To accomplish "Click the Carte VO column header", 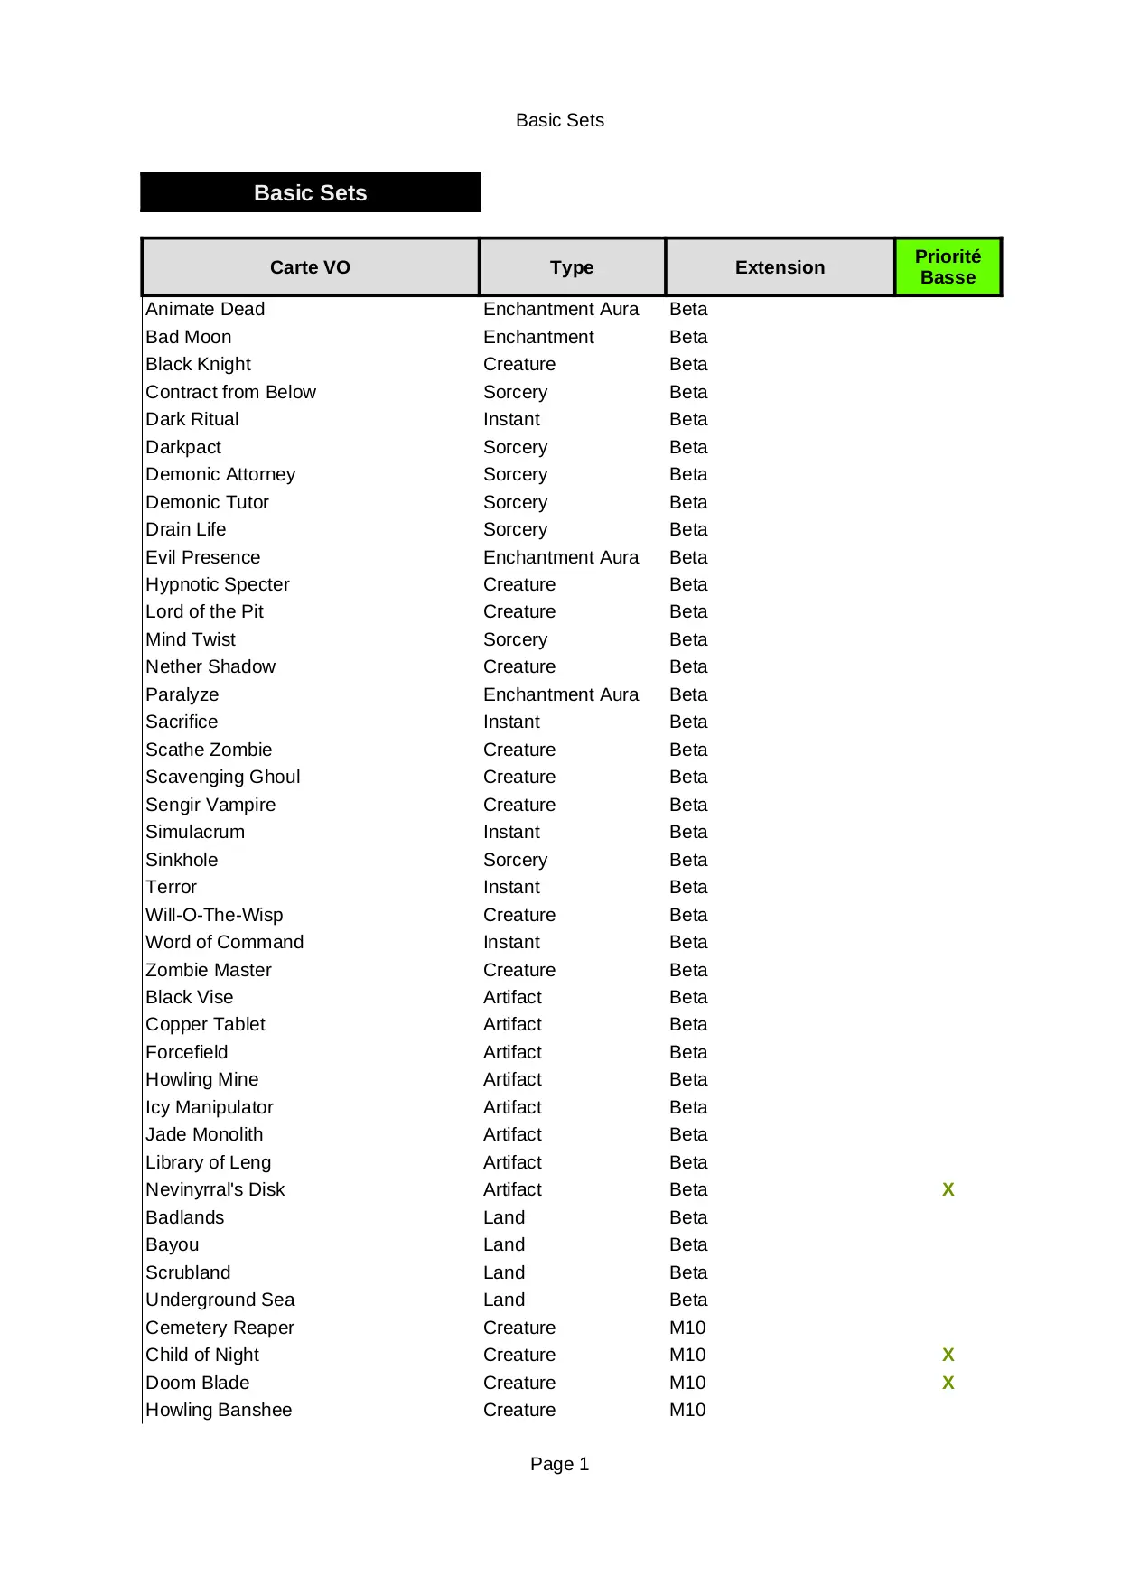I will click(x=310, y=267).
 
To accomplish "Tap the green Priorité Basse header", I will click(x=948, y=267).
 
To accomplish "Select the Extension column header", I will click(x=780, y=267).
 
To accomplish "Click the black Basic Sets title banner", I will click(x=310, y=193).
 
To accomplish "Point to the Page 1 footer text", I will click(x=559, y=1464).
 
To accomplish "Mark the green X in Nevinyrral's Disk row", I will click(x=948, y=1189).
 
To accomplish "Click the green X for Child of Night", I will click(x=948, y=1355).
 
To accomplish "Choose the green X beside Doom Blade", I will click(x=948, y=1383).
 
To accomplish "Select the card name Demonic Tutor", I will click(x=207, y=502).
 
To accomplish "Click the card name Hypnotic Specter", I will click(x=217, y=584).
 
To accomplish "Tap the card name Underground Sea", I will click(x=220, y=1300).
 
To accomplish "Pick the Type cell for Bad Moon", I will click(x=538, y=337).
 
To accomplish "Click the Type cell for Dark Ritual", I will click(x=511, y=419).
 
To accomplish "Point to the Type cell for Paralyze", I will click(x=560, y=694).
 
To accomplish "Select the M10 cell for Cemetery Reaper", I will click(x=687, y=1328).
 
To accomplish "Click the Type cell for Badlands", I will click(x=504, y=1217).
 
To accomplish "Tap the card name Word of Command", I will click(x=224, y=942).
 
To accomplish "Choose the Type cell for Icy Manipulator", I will click(x=512, y=1107).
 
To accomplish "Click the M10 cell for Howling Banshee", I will click(x=687, y=1410).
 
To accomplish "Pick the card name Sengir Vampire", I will click(x=210, y=805).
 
